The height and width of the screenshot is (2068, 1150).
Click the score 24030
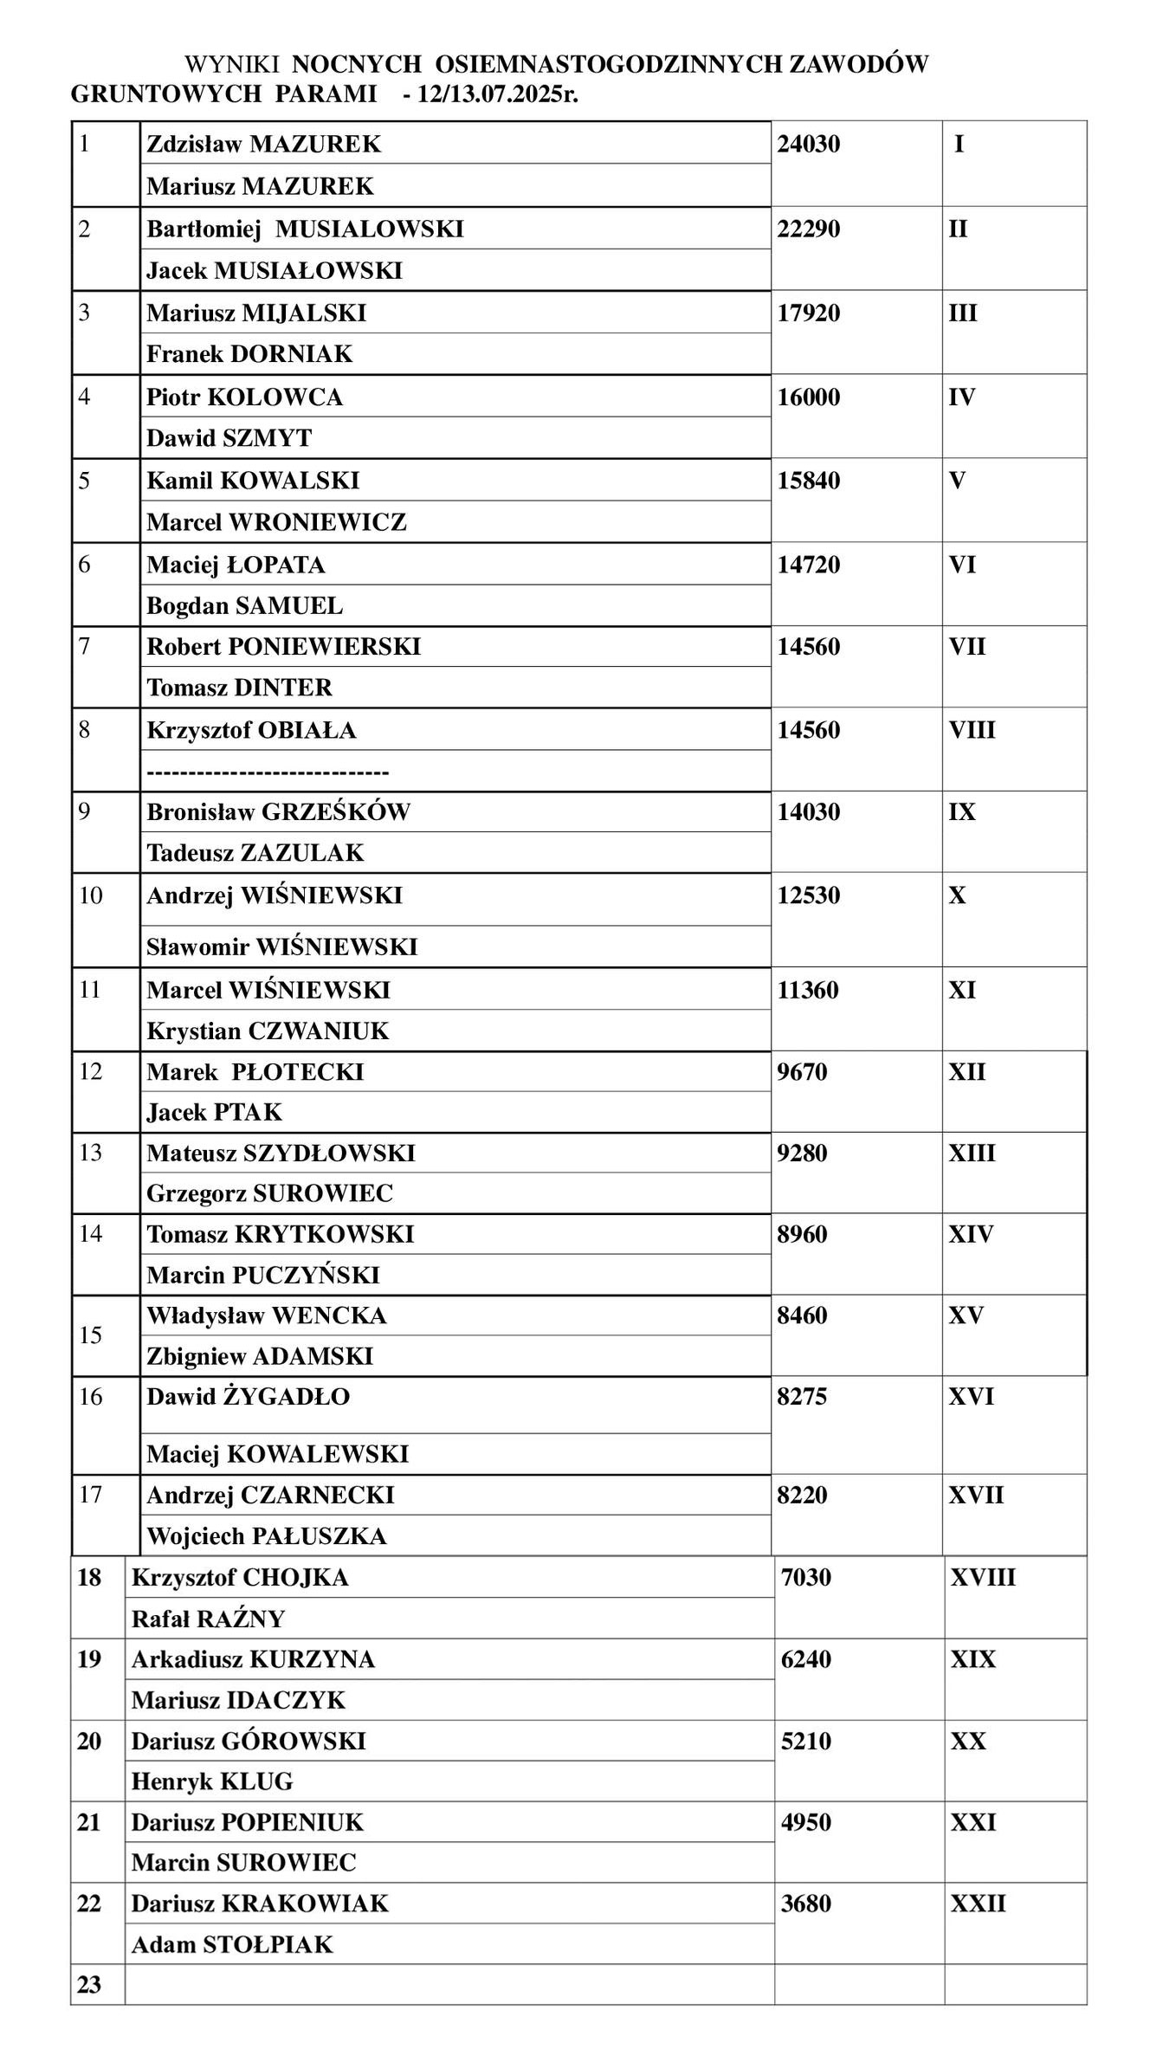[x=808, y=144]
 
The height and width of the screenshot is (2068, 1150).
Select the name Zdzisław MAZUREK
[x=263, y=144]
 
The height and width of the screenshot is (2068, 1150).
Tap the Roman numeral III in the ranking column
[x=962, y=313]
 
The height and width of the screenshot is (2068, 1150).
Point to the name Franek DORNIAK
[x=249, y=354]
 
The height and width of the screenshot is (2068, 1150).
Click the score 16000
[x=808, y=397]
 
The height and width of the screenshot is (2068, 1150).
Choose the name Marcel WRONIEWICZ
[x=276, y=522]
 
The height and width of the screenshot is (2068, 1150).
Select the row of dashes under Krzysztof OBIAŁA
[x=268, y=772]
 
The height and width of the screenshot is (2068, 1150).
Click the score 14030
[x=808, y=812]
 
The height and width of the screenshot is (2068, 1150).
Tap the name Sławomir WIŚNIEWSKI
[x=281, y=947]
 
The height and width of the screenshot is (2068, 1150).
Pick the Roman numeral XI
[x=961, y=990]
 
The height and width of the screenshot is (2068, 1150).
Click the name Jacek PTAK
[x=214, y=1112]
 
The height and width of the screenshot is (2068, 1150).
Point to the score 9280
[x=802, y=1154]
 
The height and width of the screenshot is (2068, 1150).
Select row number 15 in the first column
[x=90, y=1335]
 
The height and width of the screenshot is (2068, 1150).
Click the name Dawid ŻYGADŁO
[x=248, y=1397]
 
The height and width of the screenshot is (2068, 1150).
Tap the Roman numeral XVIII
[x=982, y=1578]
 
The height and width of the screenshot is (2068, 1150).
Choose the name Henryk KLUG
[x=212, y=1782]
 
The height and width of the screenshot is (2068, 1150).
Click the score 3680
[x=805, y=1904]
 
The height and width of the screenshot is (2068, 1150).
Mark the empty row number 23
[x=89, y=1985]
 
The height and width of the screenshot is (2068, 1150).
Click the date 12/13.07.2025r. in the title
[x=497, y=94]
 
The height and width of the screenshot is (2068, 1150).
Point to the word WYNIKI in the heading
[x=231, y=64]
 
